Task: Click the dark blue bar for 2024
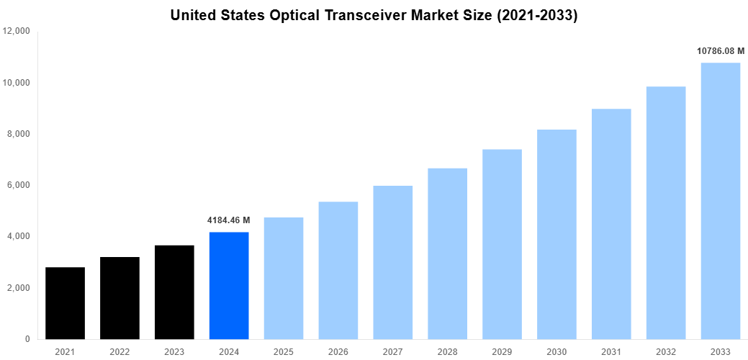pyautogui.click(x=229, y=285)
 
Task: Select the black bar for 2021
pyautogui.click(x=65, y=303)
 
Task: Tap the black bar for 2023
pyautogui.click(x=174, y=292)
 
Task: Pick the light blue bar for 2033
pyautogui.click(x=720, y=201)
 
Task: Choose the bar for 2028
pyautogui.click(x=447, y=253)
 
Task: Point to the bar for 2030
pyautogui.click(x=557, y=234)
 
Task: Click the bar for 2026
pyautogui.click(x=338, y=270)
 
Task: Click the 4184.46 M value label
pyautogui.click(x=229, y=220)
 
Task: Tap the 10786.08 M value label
pyautogui.click(x=720, y=51)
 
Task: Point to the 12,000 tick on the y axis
pyautogui.click(x=17, y=31)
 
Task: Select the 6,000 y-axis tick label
pyautogui.click(x=19, y=185)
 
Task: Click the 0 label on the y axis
pyautogui.click(x=27, y=339)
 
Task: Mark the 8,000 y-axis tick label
pyautogui.click(x=19, y=134)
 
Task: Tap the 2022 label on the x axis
pyautogui.click(x=120, y=351)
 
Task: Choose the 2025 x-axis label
pyautogui.click(x=284, y=351)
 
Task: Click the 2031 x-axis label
pyautogui.click(x=611, y=351)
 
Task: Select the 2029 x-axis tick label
pyautogui.click(x=502, y=351)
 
